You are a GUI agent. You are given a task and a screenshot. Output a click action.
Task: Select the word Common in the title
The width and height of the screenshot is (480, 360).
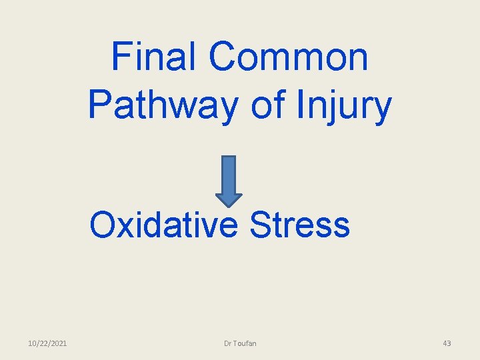coord(288,56)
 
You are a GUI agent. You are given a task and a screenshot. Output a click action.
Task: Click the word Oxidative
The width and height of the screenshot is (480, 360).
coord(164,225)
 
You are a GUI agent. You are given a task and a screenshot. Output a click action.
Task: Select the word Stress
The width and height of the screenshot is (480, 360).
coord(300,225)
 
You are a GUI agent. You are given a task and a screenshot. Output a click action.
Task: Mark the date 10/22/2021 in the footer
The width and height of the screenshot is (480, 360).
coord(47,343)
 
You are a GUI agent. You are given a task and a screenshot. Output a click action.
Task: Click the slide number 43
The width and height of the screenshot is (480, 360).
coord(447,343)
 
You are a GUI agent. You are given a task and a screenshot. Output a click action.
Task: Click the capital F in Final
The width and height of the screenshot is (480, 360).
coord(122,56)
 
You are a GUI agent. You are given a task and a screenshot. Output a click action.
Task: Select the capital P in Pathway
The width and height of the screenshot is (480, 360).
coord(99,106)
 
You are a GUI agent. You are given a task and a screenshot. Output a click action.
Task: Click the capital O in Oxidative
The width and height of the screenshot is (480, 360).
coord(105,225)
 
